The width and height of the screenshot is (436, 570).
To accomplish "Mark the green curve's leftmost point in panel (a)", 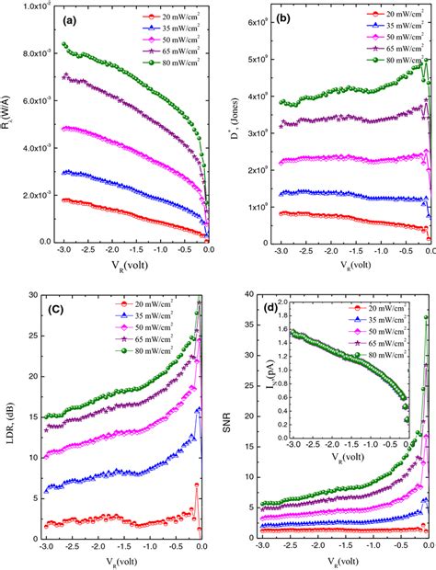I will coord(63,44).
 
